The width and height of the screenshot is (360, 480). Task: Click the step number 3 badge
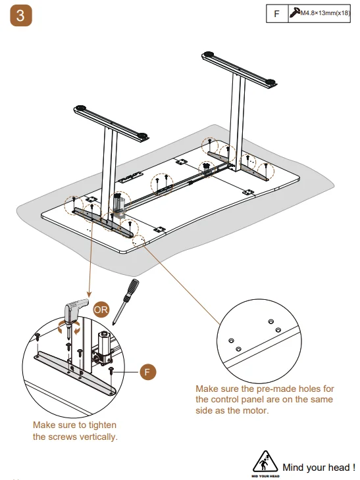pos(20,17)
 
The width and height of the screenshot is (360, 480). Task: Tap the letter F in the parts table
pos(276,13)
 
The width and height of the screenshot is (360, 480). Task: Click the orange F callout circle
pos(149,372)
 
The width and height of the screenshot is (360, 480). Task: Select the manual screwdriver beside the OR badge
pos(126,299)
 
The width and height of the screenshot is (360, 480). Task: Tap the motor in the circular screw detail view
pos(103,345)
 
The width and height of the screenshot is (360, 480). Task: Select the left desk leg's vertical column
pos(109,164)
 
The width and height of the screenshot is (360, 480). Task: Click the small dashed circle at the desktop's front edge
pos(140,241)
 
